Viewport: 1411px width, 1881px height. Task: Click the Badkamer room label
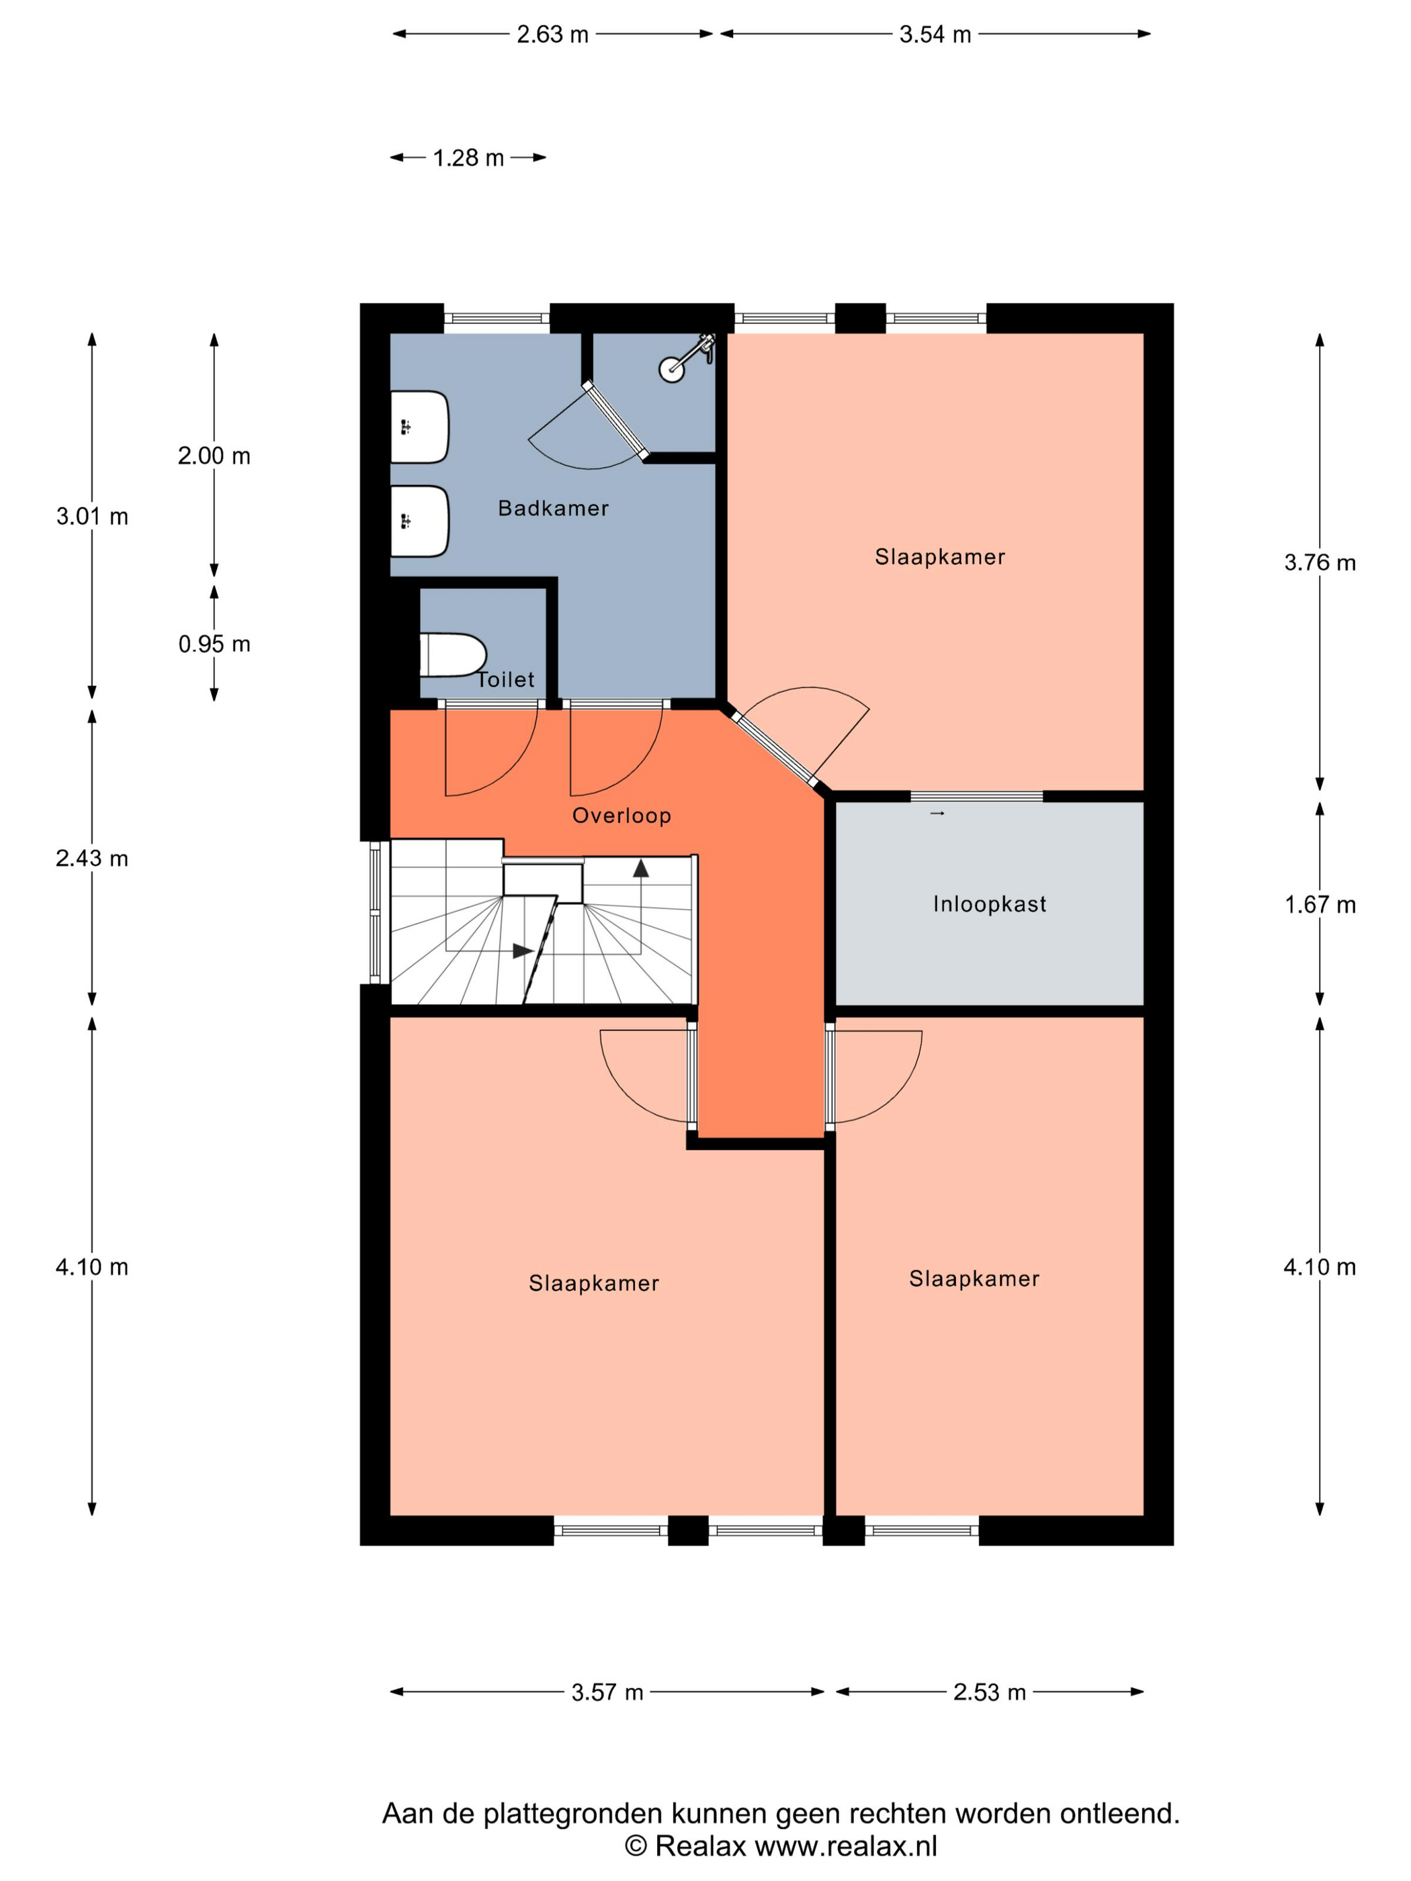tap(553, 508)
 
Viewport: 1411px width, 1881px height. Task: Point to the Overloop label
tap(622, 816)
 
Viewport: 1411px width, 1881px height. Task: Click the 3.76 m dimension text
tap(1319, 562)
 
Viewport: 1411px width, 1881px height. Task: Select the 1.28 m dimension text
tap(468, 158)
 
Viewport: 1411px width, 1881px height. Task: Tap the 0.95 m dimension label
tap(214, 644)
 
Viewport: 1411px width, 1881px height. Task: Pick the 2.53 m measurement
tap(989, 1692)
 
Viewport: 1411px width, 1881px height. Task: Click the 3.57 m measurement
tap(607, 1692)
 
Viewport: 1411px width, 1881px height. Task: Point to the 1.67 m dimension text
tap(1319, 904)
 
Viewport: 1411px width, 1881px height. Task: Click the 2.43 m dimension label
tap(92, 858)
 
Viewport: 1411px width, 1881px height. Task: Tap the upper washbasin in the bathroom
tap(419, 427)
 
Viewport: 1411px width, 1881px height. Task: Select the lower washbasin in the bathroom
tap(419, 521)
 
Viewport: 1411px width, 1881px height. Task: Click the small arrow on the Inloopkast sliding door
tap(937, 814)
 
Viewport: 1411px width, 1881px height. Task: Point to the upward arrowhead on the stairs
tap(640, 867)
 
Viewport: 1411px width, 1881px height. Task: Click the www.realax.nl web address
tap(846, 1845)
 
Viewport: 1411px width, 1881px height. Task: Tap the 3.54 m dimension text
tap(935, 34)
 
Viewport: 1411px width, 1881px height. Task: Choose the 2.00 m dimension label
tap(214, 455)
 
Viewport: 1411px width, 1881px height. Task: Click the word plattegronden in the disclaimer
tap(572, 1814)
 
